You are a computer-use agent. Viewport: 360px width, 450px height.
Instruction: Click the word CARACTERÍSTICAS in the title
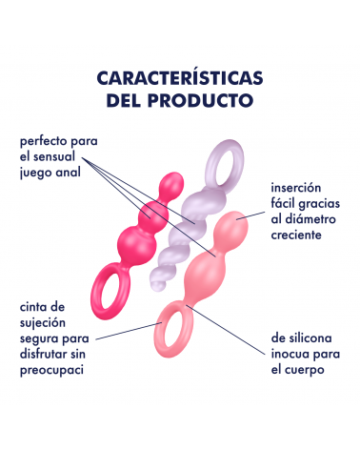pyautogui.click(x=180, y=77)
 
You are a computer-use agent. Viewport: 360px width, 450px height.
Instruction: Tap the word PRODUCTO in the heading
pyautogui.click(x=200, y=100)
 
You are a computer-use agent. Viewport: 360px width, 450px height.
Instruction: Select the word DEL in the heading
pyautogui.click(x=125, y=100)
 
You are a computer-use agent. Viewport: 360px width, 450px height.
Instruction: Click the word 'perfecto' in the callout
pyautogui.click(x=43, y=141)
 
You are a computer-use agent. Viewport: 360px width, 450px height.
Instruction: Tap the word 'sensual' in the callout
pyautogui.click(x=54, y=156)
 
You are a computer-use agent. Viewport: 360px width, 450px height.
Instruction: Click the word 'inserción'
pyautogui.click(x=296, y=188)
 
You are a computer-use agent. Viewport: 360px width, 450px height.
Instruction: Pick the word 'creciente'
pyautogui.click(x=296, y=235)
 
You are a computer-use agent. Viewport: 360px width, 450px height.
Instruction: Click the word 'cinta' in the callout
pyautogui.click(x=33, y=307)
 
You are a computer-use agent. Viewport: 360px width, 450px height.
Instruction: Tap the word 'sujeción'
pyautogui.click(x=43, y=323)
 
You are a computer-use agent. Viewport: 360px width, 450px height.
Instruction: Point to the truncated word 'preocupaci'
pyautogui.click(x=51, y=370)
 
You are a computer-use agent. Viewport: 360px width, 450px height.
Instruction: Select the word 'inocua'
pyautogui.click(x=290, y=354)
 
